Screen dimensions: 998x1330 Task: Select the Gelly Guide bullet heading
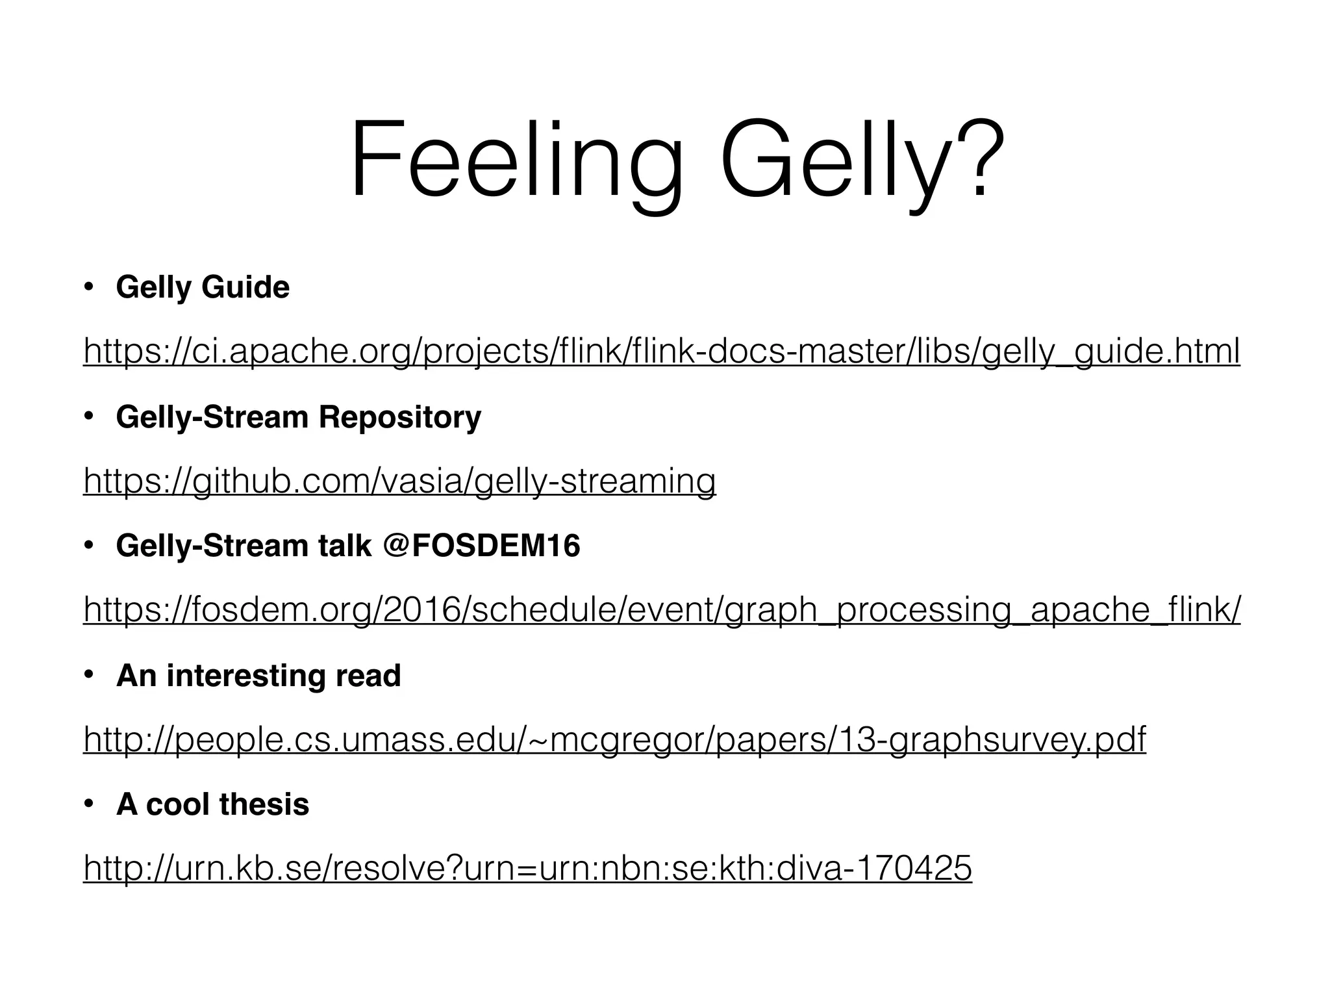click(x=203, y=287)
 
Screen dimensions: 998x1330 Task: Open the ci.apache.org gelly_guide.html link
click(x=661, y=352)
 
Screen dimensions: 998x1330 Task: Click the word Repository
click(x=399, y=416)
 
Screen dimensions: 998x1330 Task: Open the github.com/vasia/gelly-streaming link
click(x=399, y=481)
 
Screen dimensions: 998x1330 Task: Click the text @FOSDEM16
click(x=481, y=545)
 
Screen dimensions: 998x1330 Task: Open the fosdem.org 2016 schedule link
click(x=661, y=610)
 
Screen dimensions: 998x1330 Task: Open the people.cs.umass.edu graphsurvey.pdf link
click(x=614, y=739)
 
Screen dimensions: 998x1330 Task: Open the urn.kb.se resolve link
click(x=527, y=868)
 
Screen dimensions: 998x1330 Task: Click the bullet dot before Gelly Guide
click(x=90, y=287)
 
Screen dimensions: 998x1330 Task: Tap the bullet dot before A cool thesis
click(x=90, y=804)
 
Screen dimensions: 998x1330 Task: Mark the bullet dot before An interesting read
click(x=90, y=675)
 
